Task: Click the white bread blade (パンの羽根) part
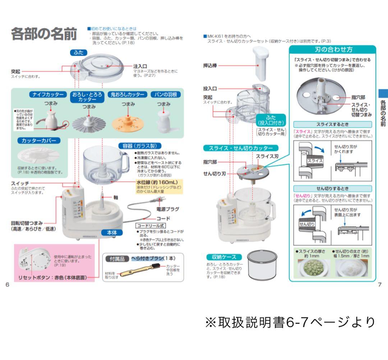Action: [x=163, y=120]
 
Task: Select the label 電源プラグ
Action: [x=167, y=209]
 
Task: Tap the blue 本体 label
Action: [x=109, y=232]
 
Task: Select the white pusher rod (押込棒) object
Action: [x=261, y=63]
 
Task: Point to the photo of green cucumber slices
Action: [x=311, y=267]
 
